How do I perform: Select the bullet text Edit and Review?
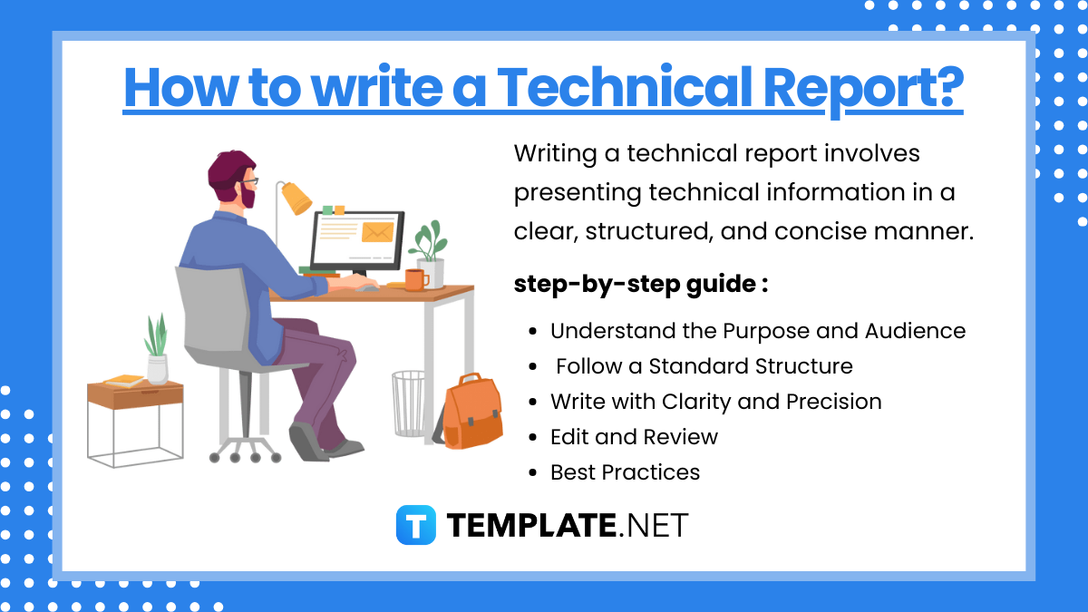[x=634, y=437]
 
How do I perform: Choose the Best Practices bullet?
[x=625, y=472]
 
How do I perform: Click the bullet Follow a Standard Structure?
[x=704, y=366]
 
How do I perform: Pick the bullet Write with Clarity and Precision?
[x=715, y=402]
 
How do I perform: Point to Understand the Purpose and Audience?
[x=758, y=331]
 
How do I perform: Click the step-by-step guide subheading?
[x=641, y=284]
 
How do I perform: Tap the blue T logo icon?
[x=416, y=525]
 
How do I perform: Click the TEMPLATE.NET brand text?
[x=568, y=525]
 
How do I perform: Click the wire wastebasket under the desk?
[x=409, y=403]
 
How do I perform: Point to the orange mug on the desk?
[x=415, y=279]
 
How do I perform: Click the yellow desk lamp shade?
[x=296, y=198]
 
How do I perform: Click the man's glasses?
[x=248, y=182]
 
